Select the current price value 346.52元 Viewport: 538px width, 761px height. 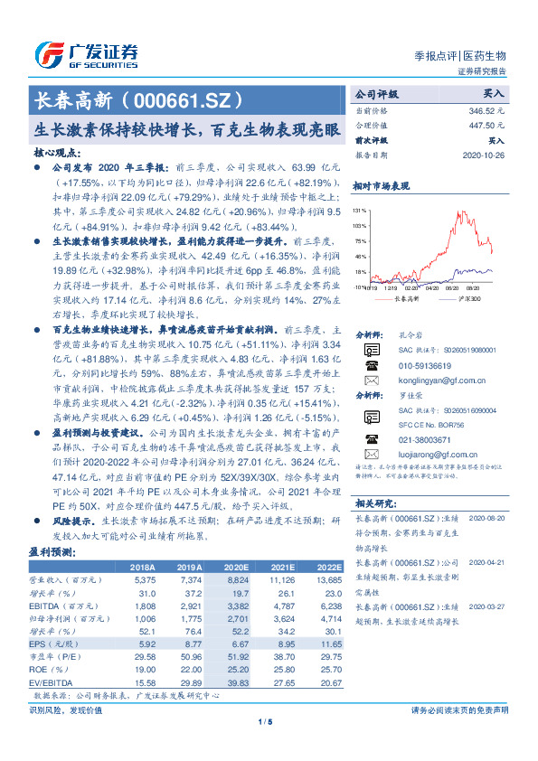(489, 108)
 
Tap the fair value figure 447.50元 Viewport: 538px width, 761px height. (489, 125)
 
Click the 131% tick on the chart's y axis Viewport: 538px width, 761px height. (360, 210)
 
